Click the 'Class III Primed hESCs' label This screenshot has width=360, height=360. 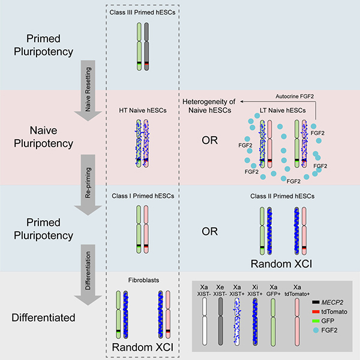(142, 13)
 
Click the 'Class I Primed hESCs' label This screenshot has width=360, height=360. (142, 196)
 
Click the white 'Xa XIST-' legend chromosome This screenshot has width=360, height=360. (204, 318)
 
